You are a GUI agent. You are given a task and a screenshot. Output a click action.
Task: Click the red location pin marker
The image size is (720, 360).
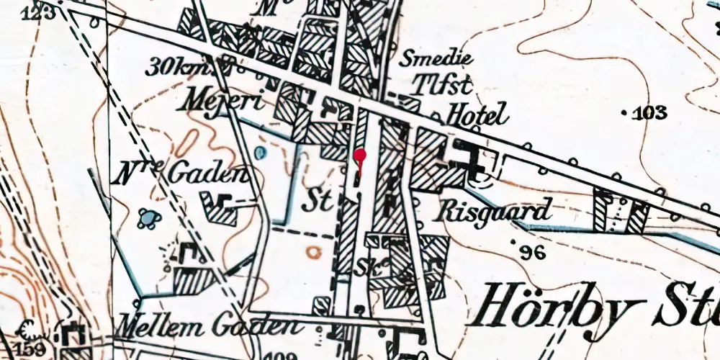360,155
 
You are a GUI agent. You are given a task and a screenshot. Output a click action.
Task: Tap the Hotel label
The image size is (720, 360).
477,114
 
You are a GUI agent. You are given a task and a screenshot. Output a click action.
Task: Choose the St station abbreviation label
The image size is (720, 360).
318,201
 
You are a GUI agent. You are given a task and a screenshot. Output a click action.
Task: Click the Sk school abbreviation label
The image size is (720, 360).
365,266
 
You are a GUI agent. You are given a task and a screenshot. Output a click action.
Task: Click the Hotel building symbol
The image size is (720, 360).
469,160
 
